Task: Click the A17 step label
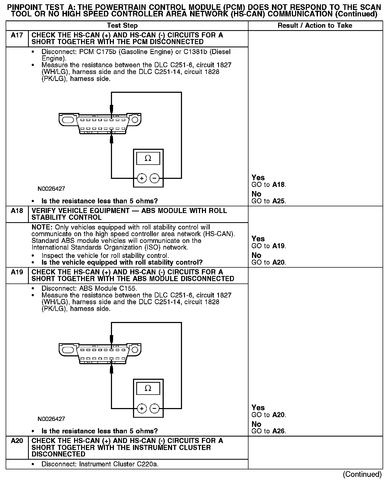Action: point(17,35)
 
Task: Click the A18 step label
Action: point(17,211)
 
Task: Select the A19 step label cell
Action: point(17,272)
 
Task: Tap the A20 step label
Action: point(17,441)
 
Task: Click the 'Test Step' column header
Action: point(122,26)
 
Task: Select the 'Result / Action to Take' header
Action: point(315,26)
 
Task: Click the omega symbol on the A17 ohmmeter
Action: point(148,158)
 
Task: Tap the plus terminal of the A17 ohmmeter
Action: point(142,178)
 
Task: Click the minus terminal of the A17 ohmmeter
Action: point(154,178)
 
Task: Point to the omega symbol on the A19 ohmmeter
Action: point(148,388)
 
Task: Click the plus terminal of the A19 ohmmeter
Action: point(142,408)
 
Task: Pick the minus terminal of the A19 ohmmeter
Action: point(154,408)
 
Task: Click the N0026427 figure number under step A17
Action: point(51,189)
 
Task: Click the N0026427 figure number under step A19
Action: point(51,419)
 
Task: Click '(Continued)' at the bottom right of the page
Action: point(362,474)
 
